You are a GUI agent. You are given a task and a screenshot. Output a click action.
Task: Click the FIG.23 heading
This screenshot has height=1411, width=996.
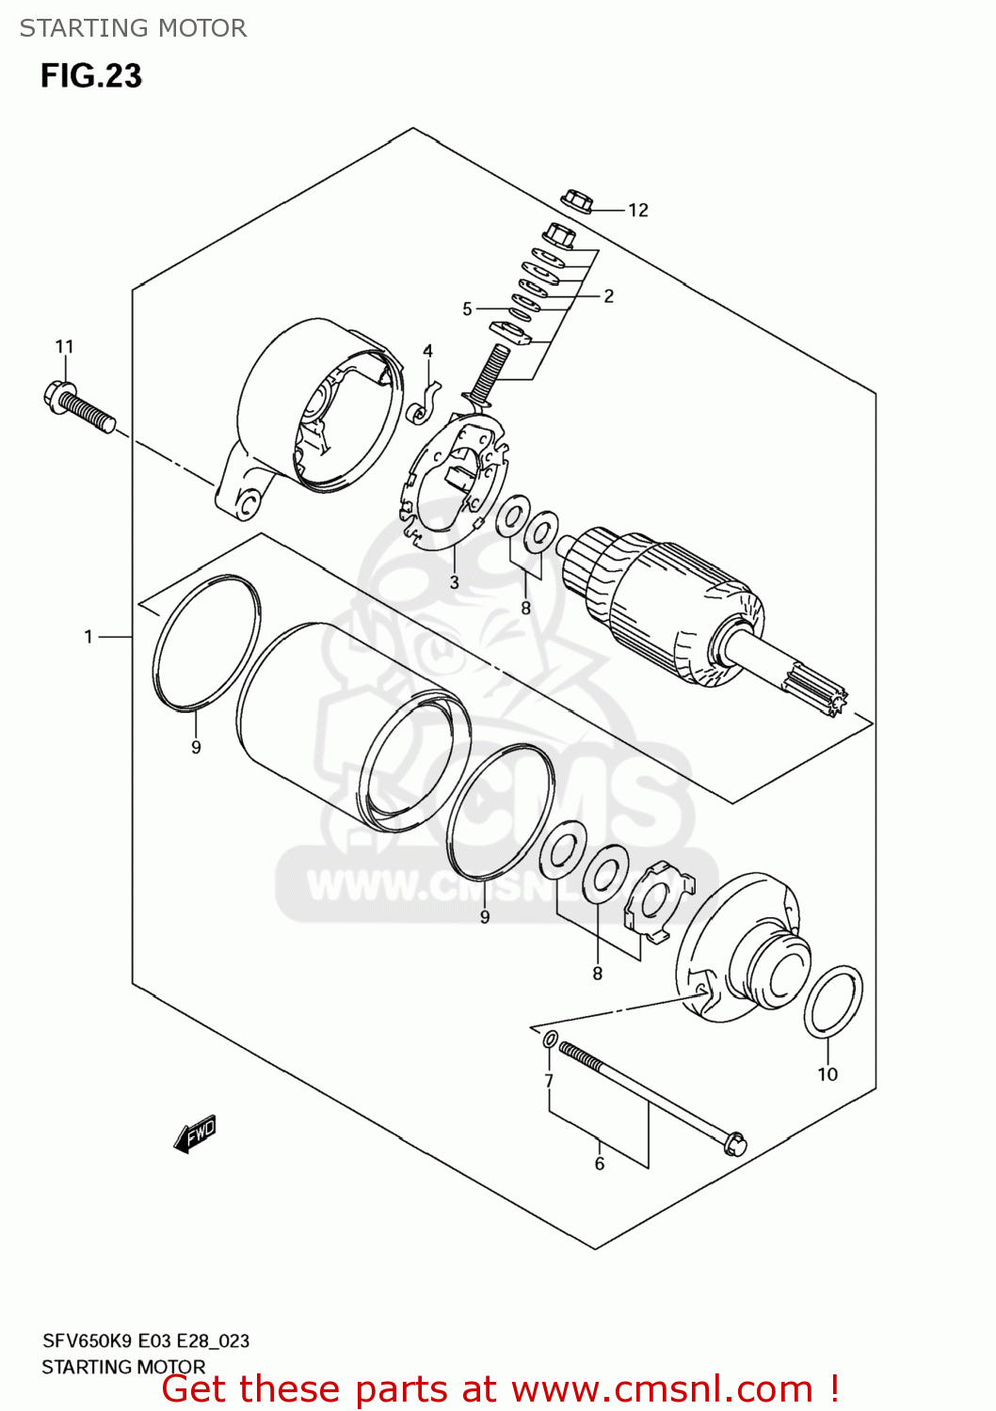(x=91, y=76)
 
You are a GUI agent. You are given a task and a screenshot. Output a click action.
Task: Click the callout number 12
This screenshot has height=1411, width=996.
(x=638, y=211)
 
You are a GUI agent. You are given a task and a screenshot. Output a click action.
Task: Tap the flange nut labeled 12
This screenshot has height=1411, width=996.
(x=576, y=201)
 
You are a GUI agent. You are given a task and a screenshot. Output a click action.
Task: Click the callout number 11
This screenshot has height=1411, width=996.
(x=64, y=347)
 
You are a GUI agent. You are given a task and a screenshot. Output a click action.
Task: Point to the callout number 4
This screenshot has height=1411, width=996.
(x=427, y=351)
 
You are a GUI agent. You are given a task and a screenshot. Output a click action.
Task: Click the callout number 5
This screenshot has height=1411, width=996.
(x=467, y=309)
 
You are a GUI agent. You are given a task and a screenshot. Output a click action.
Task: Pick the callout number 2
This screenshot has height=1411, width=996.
(x=609, y=296)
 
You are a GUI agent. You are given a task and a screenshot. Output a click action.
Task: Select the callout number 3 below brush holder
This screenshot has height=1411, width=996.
(x=454, y=582)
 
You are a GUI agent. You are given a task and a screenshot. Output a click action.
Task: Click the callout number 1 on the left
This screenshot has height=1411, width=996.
(x=88, y=638)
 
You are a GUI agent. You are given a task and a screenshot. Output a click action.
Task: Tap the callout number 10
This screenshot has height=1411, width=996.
(x=827, y=1074)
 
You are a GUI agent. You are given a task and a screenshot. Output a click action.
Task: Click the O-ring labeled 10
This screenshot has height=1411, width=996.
(x=833, y=1001)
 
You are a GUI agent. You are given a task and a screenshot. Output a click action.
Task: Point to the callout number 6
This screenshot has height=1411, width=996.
(x=600, y=1164)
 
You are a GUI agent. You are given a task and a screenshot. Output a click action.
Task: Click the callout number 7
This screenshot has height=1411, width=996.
(x=549, y=1081)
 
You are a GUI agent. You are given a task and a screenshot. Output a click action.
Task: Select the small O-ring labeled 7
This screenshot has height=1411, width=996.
(x=550, y=1039)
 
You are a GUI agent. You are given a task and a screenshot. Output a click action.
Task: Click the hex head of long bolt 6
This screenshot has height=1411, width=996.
(x=733, y=1143)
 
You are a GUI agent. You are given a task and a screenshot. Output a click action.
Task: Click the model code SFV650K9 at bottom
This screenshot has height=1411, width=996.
(x=89, y=1341)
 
